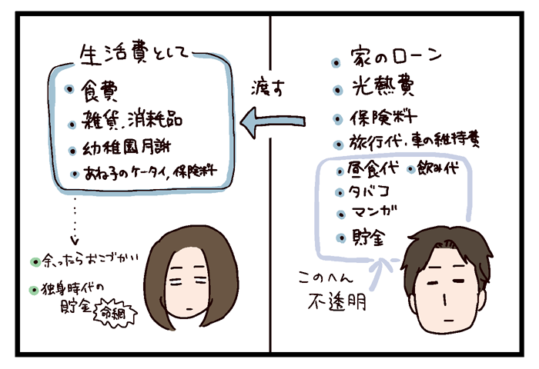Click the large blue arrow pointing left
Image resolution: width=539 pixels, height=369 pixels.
273,119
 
